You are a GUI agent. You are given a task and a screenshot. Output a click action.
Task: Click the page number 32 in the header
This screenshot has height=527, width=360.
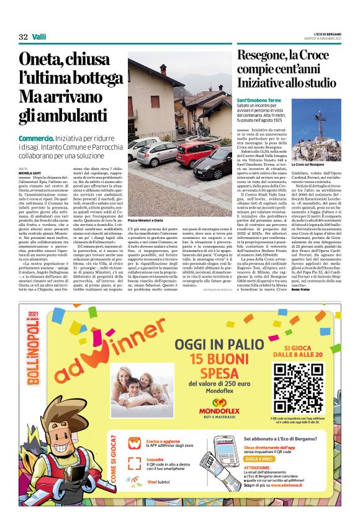click(24, 36)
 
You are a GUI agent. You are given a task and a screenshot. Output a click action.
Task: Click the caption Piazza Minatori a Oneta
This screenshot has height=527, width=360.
click(146, 220)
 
